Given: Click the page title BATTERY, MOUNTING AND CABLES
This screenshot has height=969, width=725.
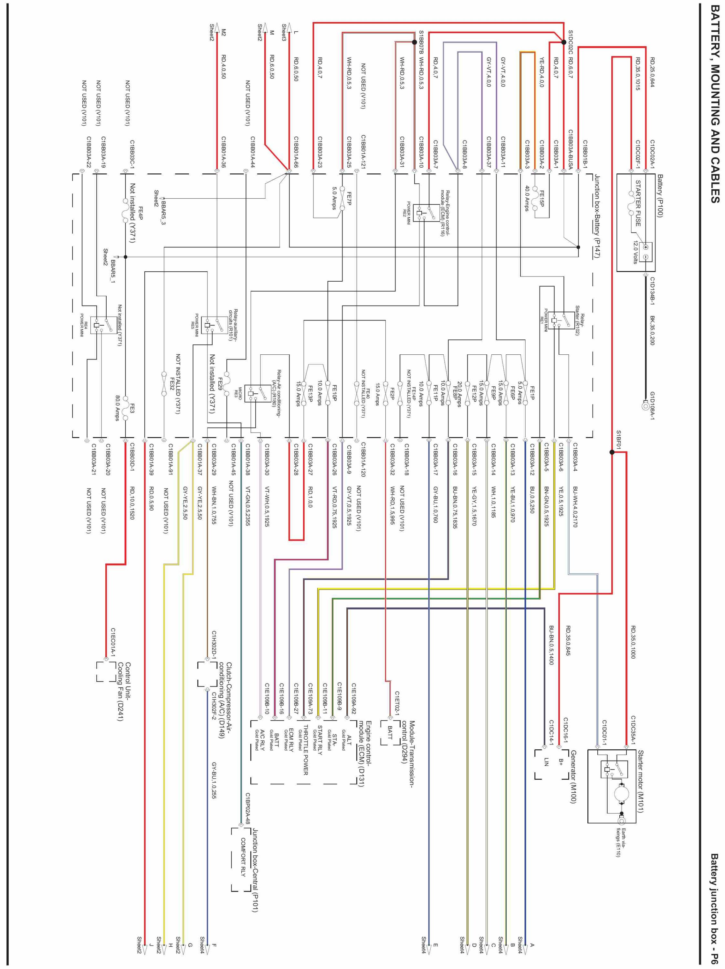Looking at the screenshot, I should (x=714, y=110).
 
